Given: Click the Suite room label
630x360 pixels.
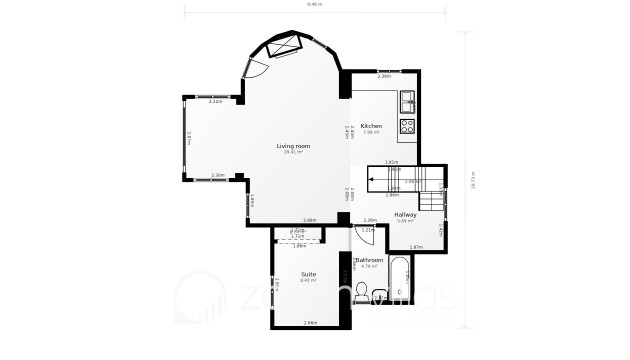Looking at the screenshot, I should coord(308,274).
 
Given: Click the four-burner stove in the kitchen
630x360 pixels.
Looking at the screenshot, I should coord(408,126).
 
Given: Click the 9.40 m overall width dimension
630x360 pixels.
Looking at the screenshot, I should coord(314,7).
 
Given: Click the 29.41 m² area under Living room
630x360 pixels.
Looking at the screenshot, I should coord(293,152).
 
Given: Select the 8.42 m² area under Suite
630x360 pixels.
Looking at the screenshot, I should coord(308,280).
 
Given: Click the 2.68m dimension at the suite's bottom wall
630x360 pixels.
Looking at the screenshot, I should coord(310,322).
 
